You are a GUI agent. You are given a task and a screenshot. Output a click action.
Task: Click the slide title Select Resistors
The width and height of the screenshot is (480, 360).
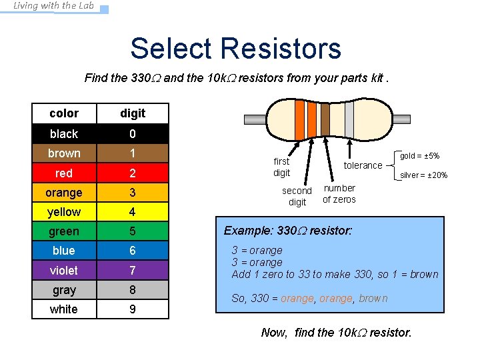pos(235,49)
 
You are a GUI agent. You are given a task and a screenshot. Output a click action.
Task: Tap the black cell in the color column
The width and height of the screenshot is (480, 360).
pos(64,134)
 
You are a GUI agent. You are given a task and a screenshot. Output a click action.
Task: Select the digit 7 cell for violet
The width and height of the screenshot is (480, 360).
pos(132,270)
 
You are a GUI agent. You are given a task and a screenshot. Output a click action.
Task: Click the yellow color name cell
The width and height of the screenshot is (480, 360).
pos(64,212)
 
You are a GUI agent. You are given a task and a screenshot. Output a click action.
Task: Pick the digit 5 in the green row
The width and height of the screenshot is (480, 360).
pos(132,231)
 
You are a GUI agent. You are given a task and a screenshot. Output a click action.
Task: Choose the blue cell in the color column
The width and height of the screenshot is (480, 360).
pos(64,251)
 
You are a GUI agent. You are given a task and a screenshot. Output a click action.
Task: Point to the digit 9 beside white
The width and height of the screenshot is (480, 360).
pos(132,309)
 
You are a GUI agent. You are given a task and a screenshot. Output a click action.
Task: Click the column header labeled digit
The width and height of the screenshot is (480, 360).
pos(132,113)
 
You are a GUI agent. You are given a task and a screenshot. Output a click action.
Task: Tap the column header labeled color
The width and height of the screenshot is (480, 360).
pos(64,113)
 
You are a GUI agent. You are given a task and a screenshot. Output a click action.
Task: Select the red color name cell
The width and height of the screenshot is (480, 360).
pos(64,173)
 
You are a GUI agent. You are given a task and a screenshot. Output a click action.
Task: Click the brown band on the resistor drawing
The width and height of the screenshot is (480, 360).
pos(325,118)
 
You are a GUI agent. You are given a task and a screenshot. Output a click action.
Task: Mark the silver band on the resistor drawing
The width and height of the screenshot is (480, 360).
pos(349,118)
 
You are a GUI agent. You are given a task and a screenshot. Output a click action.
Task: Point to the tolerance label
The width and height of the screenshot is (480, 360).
pos(363,165)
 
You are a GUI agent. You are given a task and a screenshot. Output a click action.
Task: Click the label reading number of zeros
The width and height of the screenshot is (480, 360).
pos(339,194)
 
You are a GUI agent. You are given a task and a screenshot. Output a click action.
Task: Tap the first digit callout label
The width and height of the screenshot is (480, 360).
pos(281,167)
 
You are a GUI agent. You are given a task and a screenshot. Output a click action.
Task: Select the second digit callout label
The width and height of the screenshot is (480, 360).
pos(297,197)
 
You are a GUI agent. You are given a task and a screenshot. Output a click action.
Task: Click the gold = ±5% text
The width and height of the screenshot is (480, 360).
pos(419,156)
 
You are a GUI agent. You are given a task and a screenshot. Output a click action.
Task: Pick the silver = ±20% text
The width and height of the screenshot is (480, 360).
pos(423,176)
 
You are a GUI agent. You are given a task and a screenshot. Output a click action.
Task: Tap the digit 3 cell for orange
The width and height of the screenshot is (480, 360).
pos(132,193)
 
